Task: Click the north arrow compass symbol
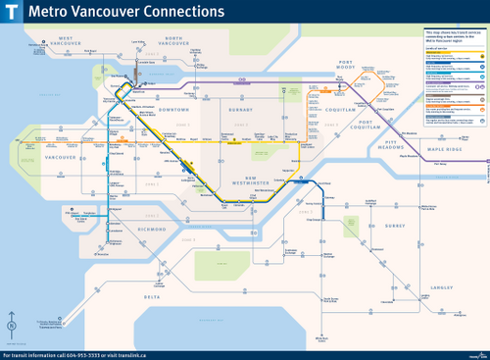point(11,326)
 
